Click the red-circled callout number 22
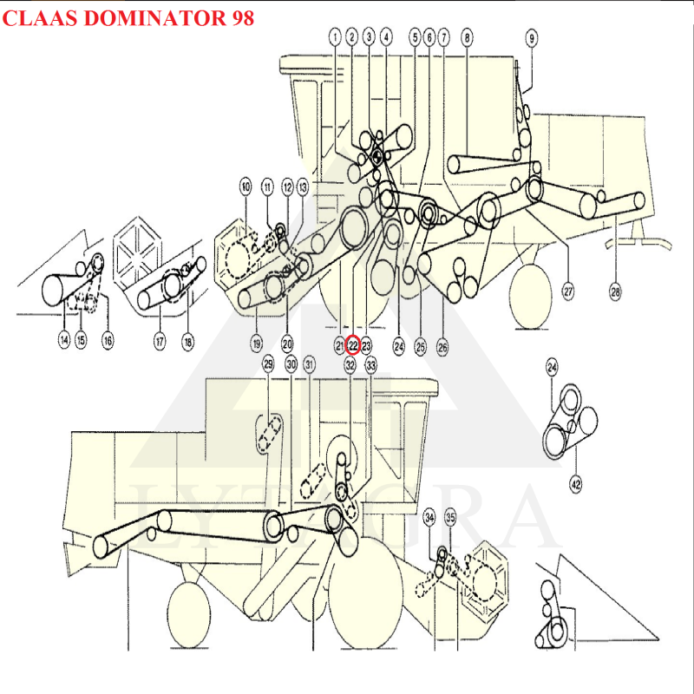click(353, 345)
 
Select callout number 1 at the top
click(335, 36)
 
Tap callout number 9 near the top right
click(532, 36)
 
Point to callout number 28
click(615, 292)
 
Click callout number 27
click(568, 292)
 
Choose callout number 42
click(575, 483)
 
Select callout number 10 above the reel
click(246, 187)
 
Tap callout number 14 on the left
click(63, 341)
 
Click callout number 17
click(160, 343)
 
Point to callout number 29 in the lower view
click(268, 364)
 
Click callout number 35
click(450, 517)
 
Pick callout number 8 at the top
click(467, 36)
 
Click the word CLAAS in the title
click(32, 18)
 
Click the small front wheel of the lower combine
click(188, 614)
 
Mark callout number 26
click(442, 346)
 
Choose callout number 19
click(257, 344)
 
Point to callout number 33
click(371, 366)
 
